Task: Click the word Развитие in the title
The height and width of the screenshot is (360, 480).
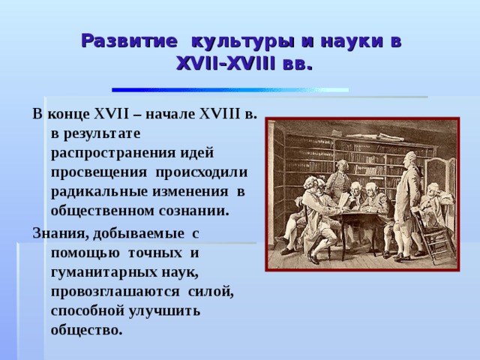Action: click(129, 40)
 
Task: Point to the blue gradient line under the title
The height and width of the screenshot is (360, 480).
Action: click(230, 90)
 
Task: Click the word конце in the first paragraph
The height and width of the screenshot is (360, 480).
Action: click(69, 114)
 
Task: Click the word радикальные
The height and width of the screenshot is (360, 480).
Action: click(100, 192)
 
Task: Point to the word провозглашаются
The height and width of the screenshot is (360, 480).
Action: click(115, 292)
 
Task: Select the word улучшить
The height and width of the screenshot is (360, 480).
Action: click(164, 311)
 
